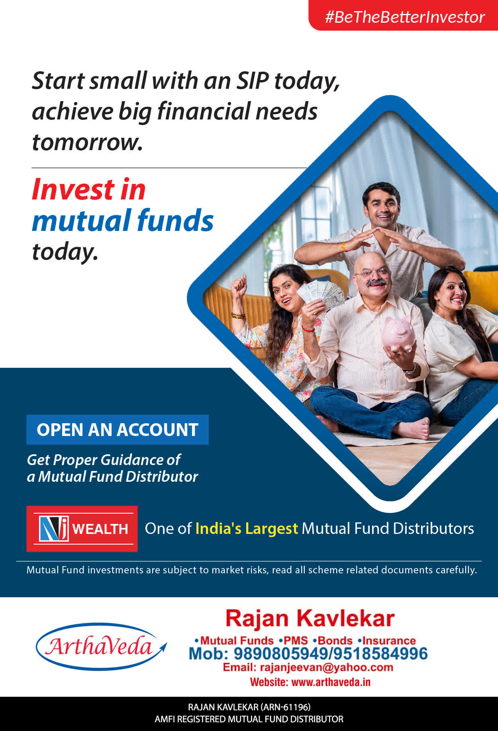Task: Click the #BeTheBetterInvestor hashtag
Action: tap(405, 17)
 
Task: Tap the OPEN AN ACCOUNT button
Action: tap(118, 430)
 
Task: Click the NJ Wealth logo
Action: tap(82, 529)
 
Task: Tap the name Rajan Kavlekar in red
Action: tap(310, 618)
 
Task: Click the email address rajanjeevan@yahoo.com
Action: tap(326, 667)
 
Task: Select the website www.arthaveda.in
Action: tap(331, 682)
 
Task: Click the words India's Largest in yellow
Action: tap(247, 528)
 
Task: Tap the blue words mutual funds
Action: tap(123, 221)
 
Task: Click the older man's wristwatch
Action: tap(410, 370)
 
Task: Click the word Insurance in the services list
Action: tap(389, 641)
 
